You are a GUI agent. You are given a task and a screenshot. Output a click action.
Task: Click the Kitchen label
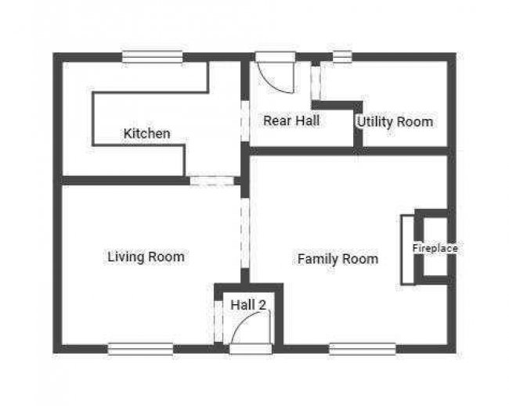click(146, 133)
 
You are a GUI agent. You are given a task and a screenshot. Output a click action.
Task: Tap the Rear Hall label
click(291, 120)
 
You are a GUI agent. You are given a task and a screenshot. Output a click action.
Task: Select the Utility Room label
click(395, 122)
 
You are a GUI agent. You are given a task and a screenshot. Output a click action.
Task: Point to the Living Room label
click(146, 257)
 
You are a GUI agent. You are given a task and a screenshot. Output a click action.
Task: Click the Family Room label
click(338, 259)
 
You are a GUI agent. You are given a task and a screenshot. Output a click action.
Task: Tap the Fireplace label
click(435, 249)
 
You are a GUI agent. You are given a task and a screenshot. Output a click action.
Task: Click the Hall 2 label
click(248, 305)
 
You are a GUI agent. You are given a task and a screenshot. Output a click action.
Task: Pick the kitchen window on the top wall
click(152, 57)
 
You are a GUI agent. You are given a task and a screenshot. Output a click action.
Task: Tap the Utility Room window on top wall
click(342, 57)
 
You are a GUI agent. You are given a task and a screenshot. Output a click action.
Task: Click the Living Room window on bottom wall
click(140, 349)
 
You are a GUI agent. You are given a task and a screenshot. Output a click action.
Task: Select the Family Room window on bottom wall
click(363, 349)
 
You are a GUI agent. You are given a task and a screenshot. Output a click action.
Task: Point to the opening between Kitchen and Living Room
click(212, 181)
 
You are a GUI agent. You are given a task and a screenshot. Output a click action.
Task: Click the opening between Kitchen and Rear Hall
click(245, 121)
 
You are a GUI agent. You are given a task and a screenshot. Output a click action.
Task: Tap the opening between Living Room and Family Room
click(245, 233)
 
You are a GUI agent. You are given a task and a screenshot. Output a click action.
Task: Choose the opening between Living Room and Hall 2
click(218, 322)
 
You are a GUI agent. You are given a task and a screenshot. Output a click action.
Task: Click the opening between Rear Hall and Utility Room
click(316, 84)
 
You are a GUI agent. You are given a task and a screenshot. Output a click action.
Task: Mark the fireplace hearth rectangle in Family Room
click(408, 250)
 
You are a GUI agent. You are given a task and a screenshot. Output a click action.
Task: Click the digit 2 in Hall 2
click(262, 305)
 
